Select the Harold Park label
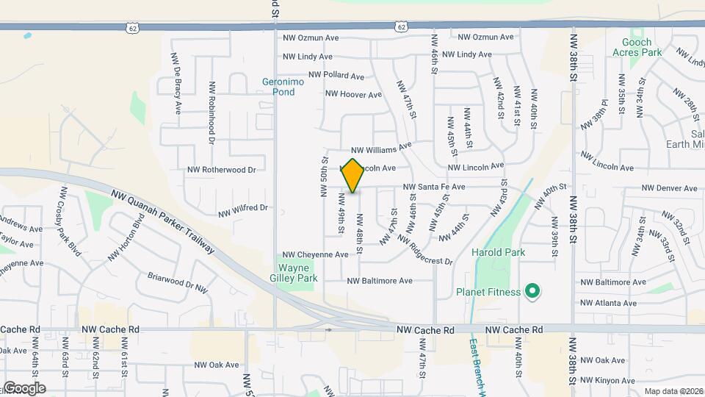[499, 253]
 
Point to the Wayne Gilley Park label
[297, 273]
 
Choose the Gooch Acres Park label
[637, 47]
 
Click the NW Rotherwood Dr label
[221, 170]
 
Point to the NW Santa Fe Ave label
[433, 187]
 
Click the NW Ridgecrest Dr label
[419, 251]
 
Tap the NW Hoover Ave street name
[353, 94]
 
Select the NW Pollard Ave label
[336, 75]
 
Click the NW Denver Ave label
[669, 188]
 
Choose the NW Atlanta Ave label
[608, 303]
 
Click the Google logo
[24, 387]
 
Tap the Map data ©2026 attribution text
[673, 391]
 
